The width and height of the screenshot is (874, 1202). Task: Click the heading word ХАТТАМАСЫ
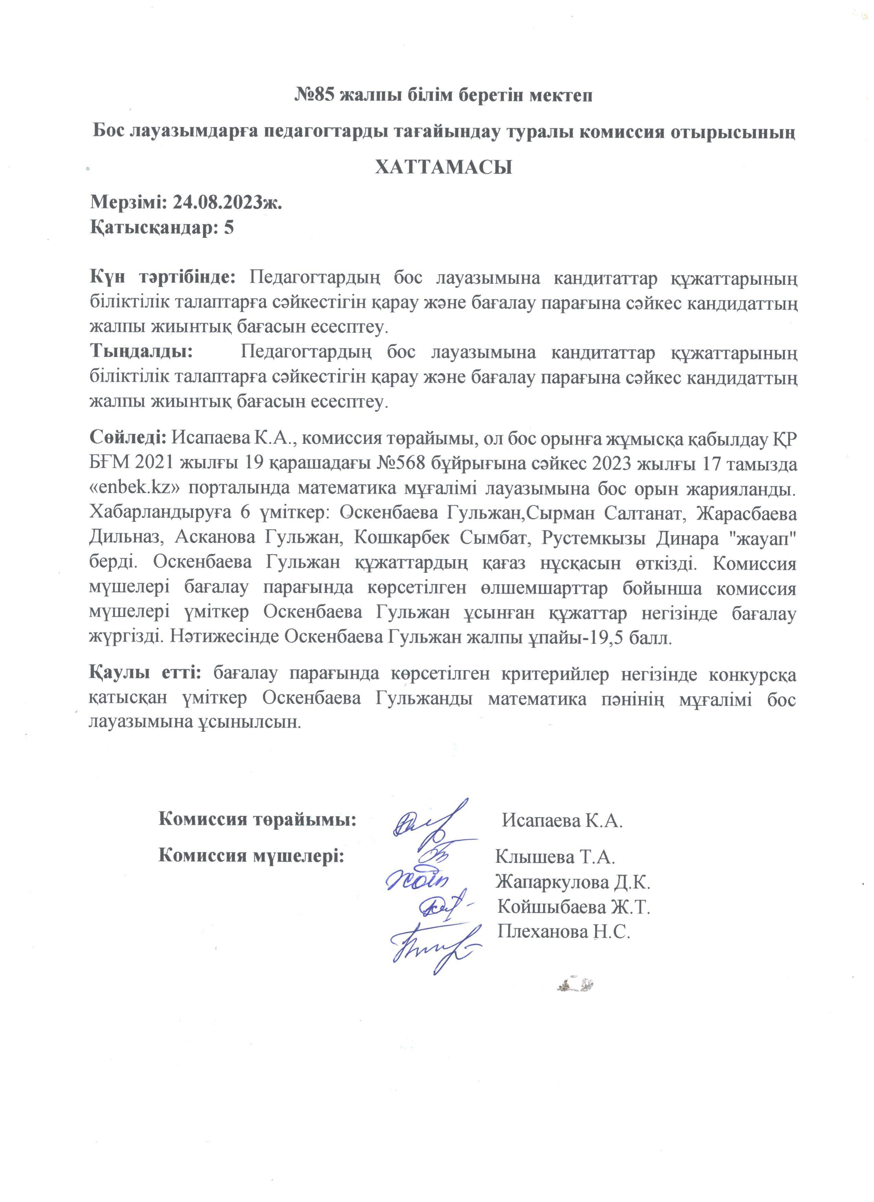pyautogui.click(x=443, y=168)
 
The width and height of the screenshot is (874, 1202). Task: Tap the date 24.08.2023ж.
pyautogui.click(x=227, y=203)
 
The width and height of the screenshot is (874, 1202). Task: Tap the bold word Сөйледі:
pyautogui.click(x=128, y=438)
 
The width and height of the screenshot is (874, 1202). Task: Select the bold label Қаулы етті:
pyautogui.click(x=145, y=673)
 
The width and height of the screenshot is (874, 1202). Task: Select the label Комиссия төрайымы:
pyautogui.click(x=257, y=819)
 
